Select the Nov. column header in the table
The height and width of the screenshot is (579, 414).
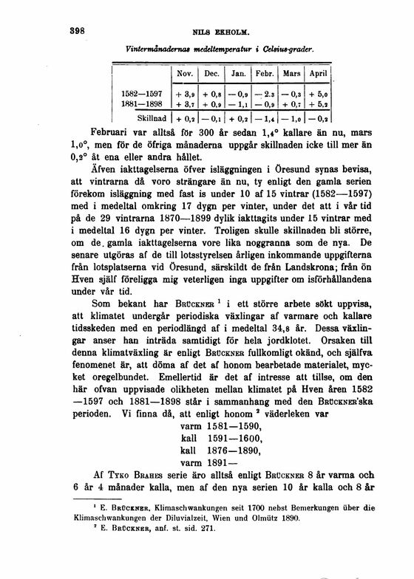point(184,75)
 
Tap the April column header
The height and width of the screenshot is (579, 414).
point(319,75)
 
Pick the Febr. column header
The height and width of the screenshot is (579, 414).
point(263,75)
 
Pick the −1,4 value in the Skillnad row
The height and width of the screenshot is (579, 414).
point(264,117)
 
